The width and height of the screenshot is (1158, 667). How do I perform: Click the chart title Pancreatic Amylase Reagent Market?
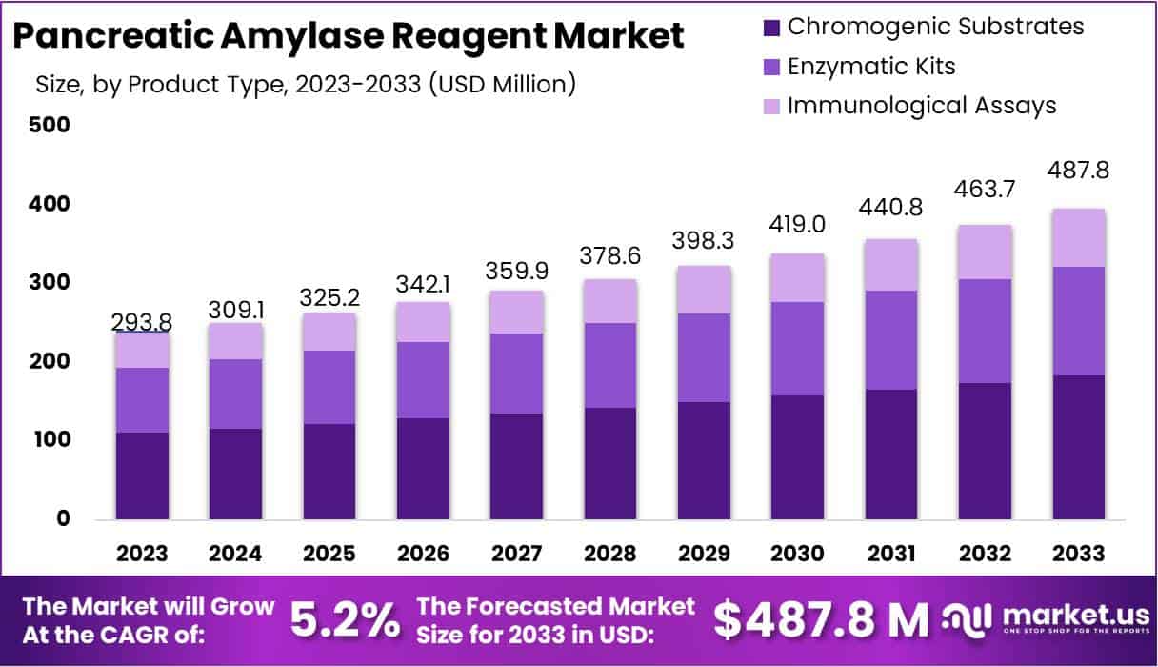click(349, 36)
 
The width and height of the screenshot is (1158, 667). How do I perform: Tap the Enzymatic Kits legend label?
click(870, 66)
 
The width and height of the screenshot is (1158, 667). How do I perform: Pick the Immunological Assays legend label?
click(921, 105)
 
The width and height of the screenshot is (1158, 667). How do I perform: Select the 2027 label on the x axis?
click(515, 554)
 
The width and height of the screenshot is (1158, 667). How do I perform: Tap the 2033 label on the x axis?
click(1078, 554)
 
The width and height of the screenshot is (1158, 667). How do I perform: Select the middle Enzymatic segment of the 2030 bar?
click(797, 349)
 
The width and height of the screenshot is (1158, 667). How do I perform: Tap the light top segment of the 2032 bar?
click(985, 253)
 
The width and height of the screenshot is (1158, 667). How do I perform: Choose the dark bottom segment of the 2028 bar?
click(609, 464)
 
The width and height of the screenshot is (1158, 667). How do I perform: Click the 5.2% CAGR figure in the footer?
click(344, 620)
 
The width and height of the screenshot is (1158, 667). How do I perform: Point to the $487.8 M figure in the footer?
click(821, 620)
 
